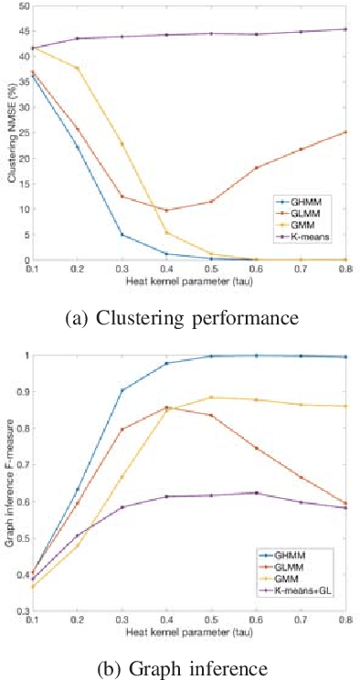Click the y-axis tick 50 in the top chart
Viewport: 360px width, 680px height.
click(x=24, y=6)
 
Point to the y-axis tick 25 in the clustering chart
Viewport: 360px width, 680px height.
click(x=24, y=133)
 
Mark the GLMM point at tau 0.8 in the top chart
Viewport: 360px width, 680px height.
click(x=346, y=133)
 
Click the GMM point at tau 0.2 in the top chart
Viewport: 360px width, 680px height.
click(x=78, y=69)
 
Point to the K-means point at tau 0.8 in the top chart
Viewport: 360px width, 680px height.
click(x=346, y=29)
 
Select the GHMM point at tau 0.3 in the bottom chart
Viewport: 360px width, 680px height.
click(x=122, y=390)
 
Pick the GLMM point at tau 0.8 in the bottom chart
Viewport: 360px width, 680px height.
click(x=346, y=503)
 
